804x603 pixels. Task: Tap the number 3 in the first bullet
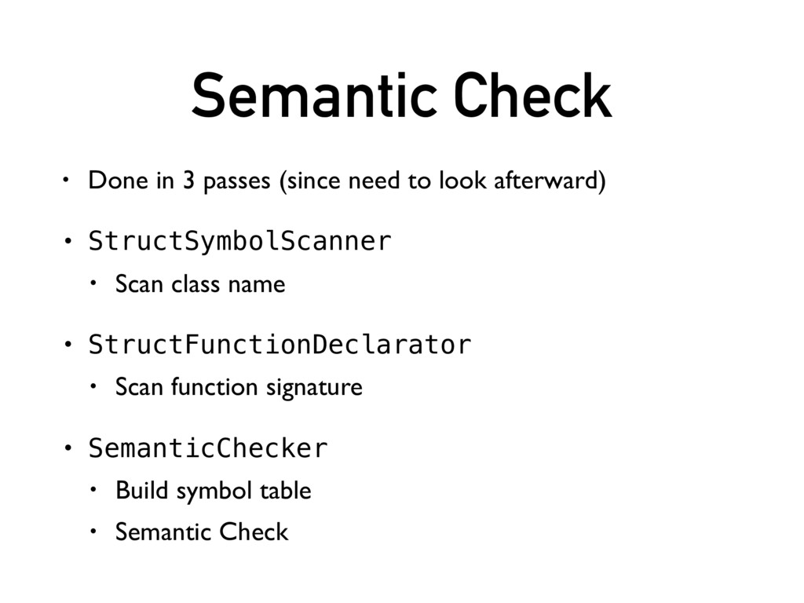(188, 181)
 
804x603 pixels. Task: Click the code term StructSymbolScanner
(239, 242)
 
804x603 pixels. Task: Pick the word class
(196, 284)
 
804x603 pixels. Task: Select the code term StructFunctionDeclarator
(280, 345)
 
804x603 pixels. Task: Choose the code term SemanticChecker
(207, 448)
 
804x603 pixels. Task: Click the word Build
(144, 491)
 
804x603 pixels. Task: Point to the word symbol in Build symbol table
(212, 492)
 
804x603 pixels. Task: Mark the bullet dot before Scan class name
(94, 283)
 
